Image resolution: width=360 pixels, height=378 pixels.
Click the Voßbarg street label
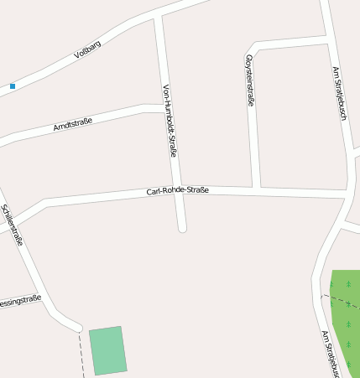coord(86,52)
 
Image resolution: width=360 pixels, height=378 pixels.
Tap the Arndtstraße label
coord(73,124)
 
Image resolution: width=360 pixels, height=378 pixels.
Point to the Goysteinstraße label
coord(249,79)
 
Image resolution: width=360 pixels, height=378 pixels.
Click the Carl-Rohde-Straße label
coord(177,190)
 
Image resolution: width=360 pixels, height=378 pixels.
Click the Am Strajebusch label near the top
coord(338,95)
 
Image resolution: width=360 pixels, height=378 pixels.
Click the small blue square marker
coord(13,85)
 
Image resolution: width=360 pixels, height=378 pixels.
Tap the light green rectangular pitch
coord(108,350)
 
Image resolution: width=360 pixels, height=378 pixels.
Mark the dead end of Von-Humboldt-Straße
coord(182,226)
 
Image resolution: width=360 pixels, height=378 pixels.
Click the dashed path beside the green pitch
coord(81,352)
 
